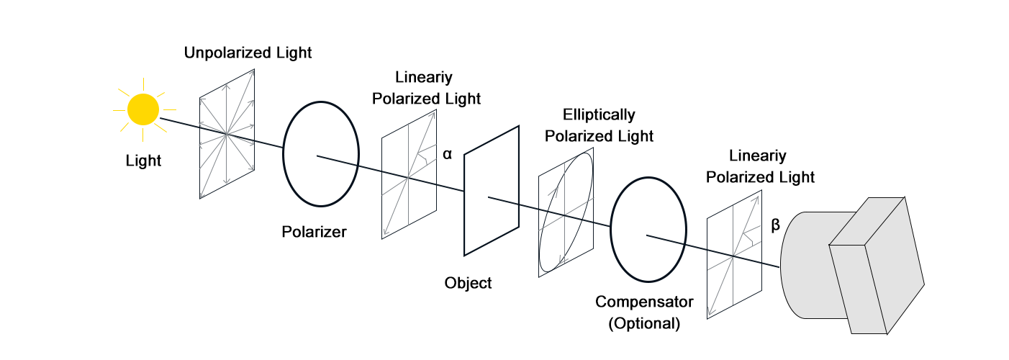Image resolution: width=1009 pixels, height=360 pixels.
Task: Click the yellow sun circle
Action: [142, 110]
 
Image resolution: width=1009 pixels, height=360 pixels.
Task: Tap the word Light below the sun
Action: [143, 160]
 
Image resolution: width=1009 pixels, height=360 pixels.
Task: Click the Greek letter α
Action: [447, 153]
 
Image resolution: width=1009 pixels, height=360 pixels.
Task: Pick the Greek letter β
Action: [775, 225]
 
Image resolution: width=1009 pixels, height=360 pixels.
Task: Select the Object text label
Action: [468, 283]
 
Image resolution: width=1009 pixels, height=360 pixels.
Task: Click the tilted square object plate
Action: [491, 190]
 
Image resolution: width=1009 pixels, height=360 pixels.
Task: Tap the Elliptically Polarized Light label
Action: [599, 125]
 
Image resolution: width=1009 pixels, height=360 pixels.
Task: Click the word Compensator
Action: [644, 301]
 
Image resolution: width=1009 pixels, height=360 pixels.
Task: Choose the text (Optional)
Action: [644, 323]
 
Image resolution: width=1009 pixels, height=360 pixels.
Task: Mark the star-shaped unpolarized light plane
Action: [227, 134]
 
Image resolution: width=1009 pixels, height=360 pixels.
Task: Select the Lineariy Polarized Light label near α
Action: [427, 87]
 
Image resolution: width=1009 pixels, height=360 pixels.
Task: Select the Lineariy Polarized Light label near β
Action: [760, 166]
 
